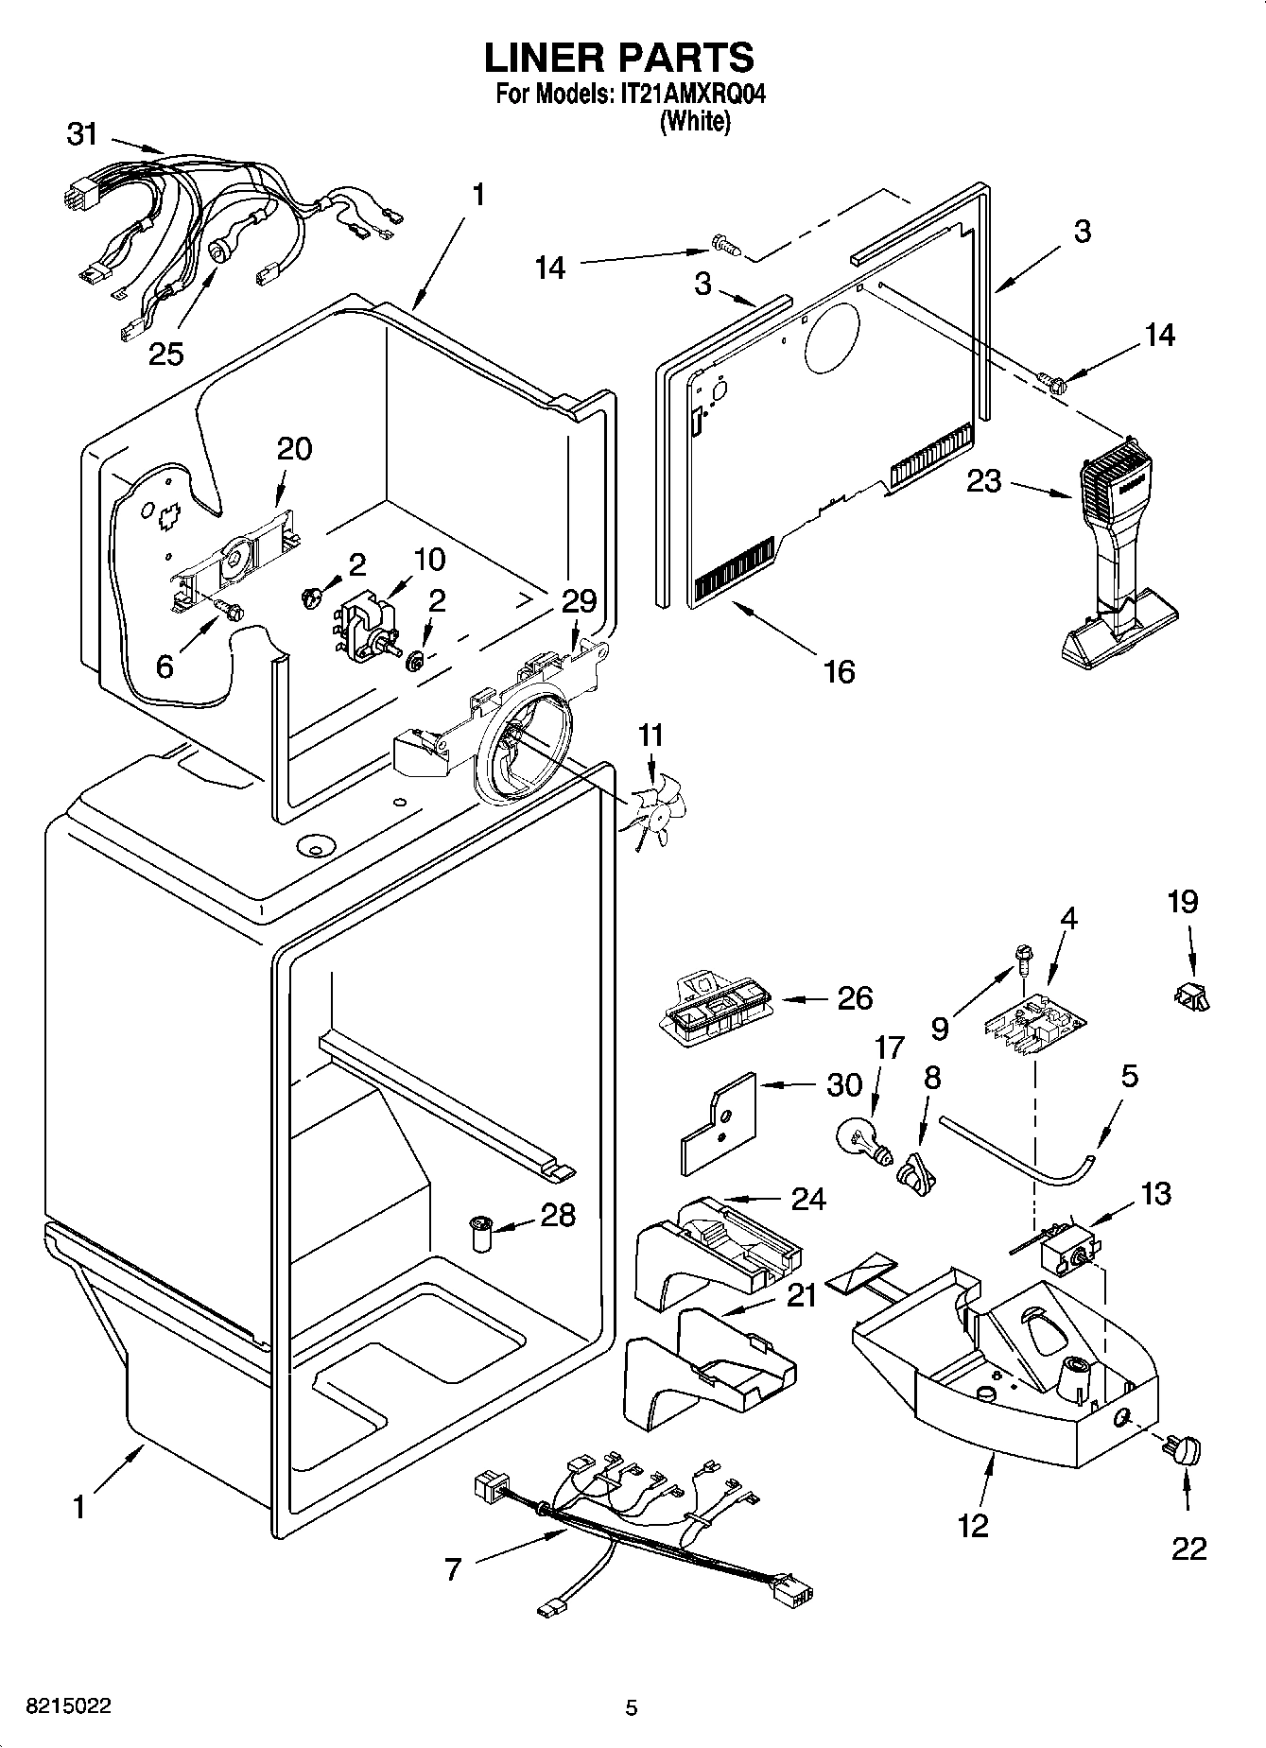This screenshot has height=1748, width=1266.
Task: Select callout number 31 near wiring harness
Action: [x=82, y=135]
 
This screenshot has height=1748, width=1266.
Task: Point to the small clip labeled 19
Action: [x=1193, y=995]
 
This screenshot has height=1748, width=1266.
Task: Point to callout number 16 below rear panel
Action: [x=839, y=671]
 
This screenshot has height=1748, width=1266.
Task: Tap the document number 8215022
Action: [x=68, y=1705]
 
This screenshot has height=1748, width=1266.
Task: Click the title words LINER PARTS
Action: [x=619, y=58]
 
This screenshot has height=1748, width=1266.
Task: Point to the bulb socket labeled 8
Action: [x=917, y=1172]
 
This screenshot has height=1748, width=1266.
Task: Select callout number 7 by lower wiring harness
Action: [x=453, y=1570]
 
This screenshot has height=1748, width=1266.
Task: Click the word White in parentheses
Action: [x=695, y=121]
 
